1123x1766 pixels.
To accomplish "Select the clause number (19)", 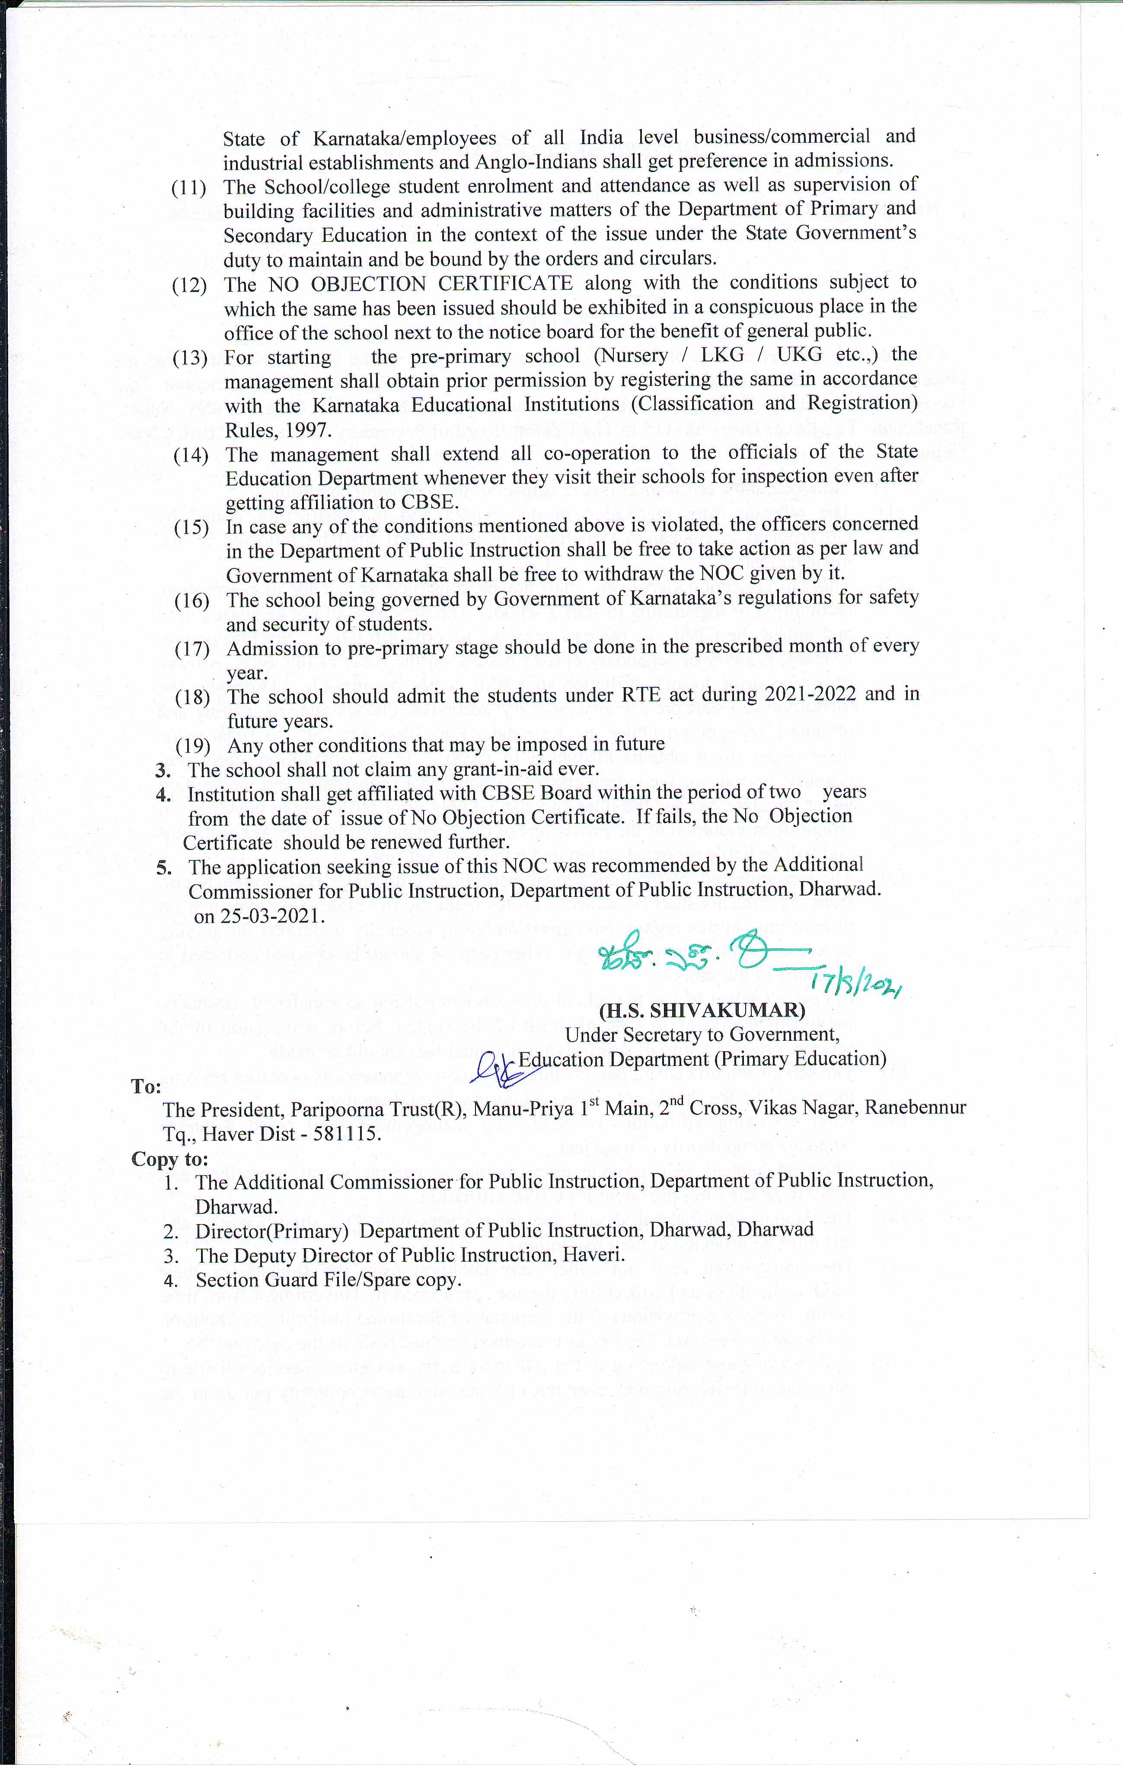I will pos(193,746).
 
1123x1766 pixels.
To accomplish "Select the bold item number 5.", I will pos(163,867).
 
